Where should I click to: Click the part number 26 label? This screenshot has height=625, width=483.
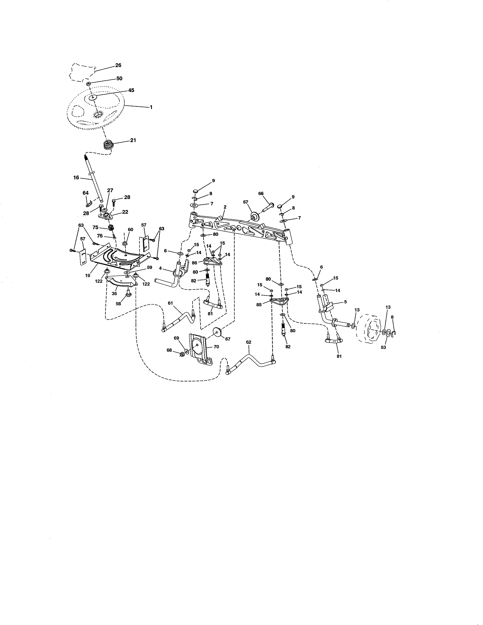click(118, 65)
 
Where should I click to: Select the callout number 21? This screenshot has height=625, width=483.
click(133, 140)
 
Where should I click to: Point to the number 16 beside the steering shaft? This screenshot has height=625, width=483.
click(76, 178)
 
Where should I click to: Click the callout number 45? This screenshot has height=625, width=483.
click(131, 90)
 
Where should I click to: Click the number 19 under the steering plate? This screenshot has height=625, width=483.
click(88, 275)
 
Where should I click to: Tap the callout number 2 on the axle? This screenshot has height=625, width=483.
click(225, 207)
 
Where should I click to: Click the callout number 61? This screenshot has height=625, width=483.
click(170, 303)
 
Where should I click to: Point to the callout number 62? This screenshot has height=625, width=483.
click(249, 342)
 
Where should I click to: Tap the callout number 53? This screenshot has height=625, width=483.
click(383, 347)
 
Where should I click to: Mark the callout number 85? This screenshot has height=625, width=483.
click(259, 305)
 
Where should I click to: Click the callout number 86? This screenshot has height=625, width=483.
click(195, 262)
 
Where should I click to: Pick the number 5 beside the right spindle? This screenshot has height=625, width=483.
click(345, 302)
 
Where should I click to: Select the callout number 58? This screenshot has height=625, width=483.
click(118, 304)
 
